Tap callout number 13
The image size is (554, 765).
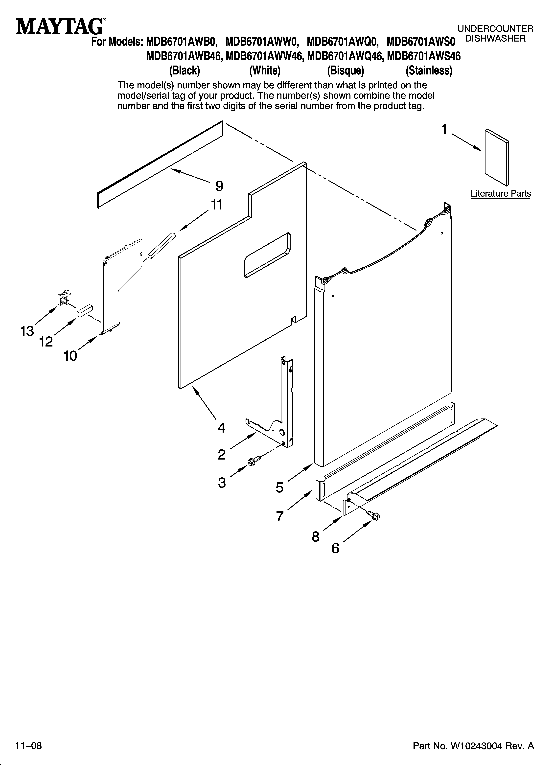point(27,331)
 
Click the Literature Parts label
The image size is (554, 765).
point(501,194)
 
